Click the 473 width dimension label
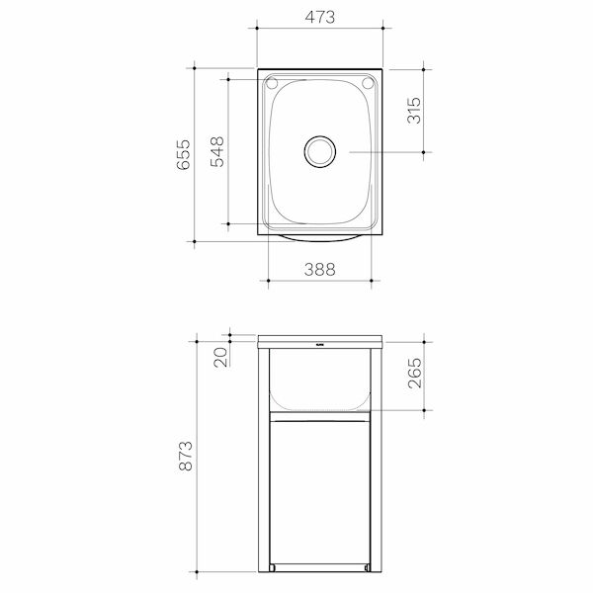[320, 17]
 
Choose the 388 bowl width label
[320, 267]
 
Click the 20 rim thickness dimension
[220, 352]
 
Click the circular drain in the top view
[319, 151]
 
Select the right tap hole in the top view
[369, 83]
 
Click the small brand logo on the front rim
[320, 345]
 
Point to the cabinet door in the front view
[320, 489]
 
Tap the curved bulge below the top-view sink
[320, 237]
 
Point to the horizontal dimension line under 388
[320, 281]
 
